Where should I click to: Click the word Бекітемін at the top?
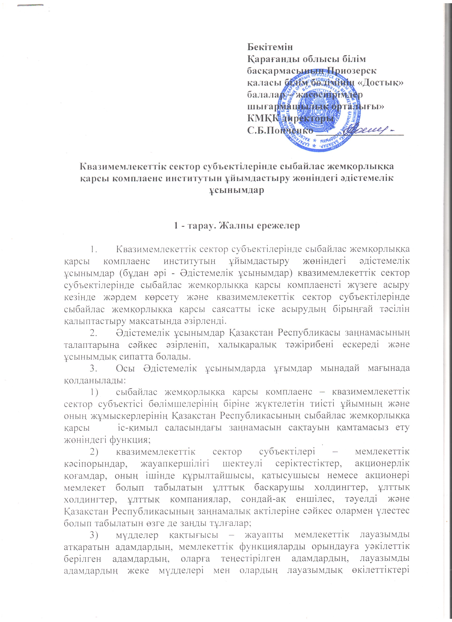pos(270,47)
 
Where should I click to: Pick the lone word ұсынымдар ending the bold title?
pos(237,190)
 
